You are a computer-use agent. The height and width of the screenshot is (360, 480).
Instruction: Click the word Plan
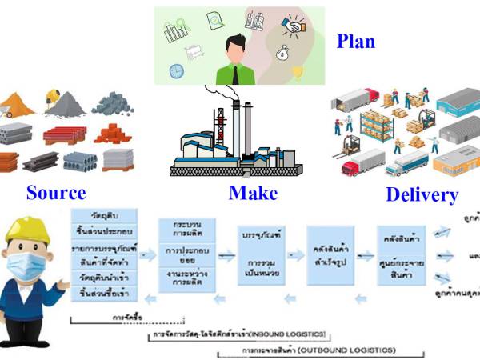pos(356,41)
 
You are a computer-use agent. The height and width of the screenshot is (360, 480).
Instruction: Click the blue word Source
pos(55,192)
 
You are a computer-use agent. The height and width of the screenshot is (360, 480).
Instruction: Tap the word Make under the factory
pos(253,192)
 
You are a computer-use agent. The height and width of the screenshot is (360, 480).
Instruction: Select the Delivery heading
pos(422,194)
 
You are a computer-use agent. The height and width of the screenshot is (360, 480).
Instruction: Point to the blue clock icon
pos(176,70)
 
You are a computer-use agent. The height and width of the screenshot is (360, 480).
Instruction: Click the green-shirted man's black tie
pos(238,73)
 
